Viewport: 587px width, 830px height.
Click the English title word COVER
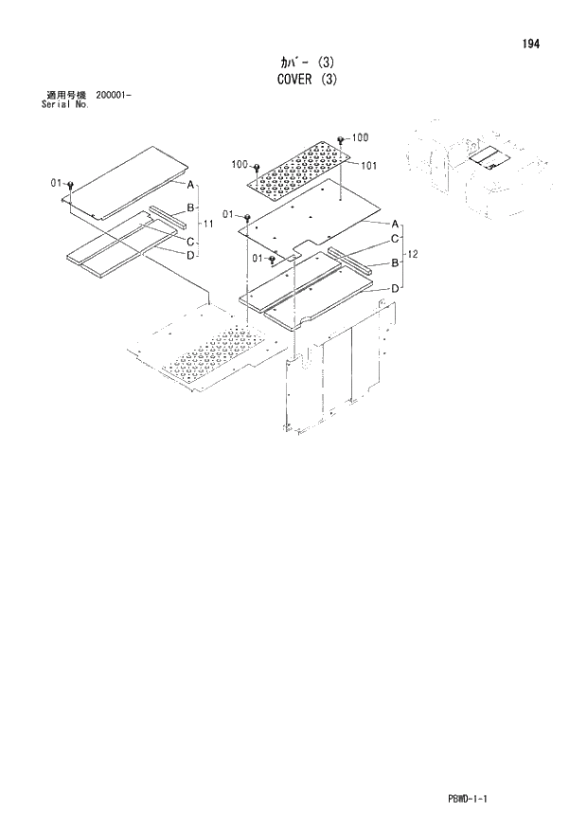[x=284, y=81]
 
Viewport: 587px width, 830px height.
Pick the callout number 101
[x=369, y=165]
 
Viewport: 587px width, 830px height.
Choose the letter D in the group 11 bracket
[x=190, y=256]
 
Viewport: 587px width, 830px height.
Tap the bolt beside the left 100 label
[x=256, y=167]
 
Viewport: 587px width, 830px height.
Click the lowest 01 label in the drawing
[x=258, y=258]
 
